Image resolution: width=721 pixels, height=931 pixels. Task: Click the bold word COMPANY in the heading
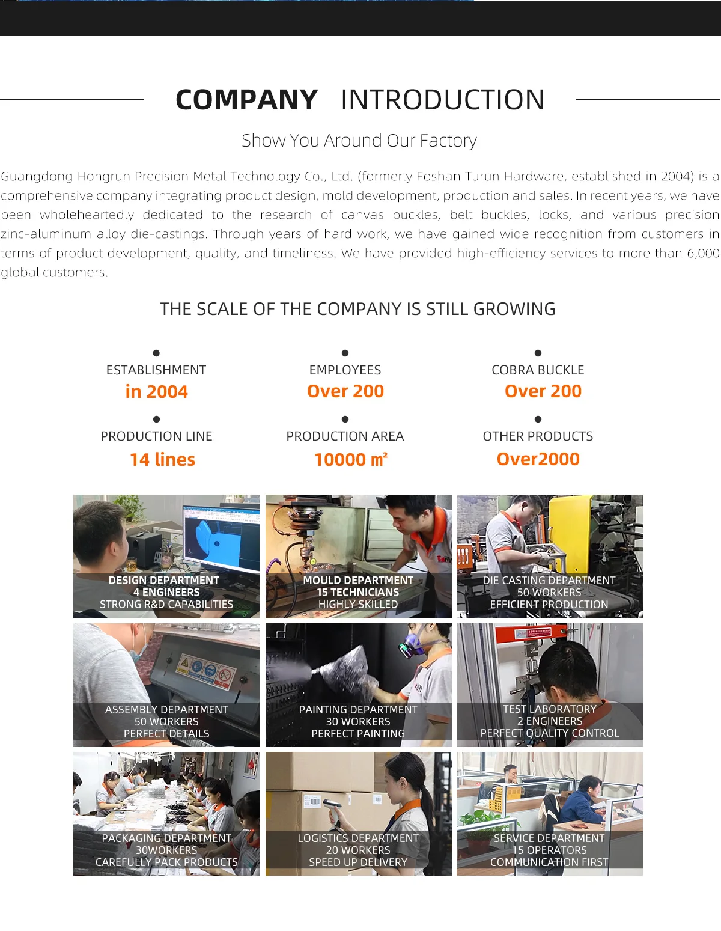tap(246, 100)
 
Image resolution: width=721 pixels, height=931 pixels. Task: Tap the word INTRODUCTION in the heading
tap(443, 100)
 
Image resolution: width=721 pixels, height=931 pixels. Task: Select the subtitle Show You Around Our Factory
tap(359, 141)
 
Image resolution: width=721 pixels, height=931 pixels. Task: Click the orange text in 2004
tap(157, 392)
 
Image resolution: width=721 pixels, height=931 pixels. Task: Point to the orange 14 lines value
tap(163, 460)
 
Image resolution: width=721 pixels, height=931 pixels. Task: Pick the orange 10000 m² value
tap(351, 460)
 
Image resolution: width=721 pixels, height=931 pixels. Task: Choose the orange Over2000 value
tap(538, 459)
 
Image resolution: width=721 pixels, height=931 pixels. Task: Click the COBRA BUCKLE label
tap(538, 370)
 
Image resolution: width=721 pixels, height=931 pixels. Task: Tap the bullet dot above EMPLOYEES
tap(345, 353)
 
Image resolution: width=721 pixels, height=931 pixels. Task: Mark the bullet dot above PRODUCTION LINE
tap(156, 419)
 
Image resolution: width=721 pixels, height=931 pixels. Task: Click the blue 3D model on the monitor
tap(210, 539)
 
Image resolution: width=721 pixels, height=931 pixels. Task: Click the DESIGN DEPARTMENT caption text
tap(164, 580)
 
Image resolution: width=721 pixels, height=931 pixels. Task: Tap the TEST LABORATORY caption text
tap(550, 709)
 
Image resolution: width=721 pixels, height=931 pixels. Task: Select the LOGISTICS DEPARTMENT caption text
tap(358, 838)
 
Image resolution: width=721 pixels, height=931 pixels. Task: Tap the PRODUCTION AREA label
tap(345, 436)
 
